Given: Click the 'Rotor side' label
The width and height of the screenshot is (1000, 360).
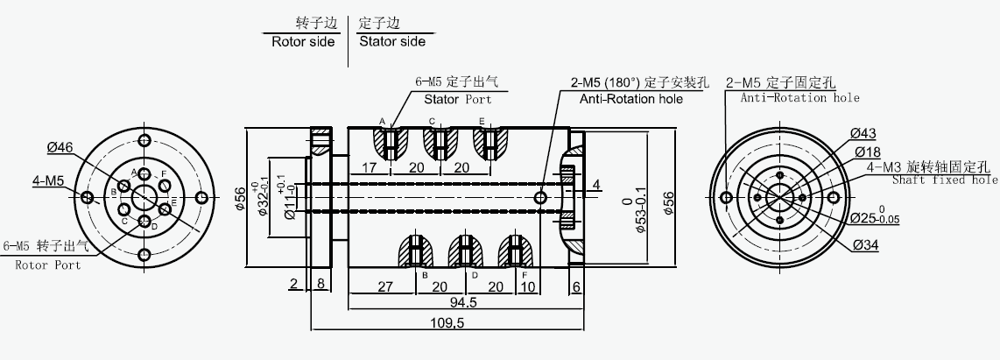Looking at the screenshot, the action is (x=303, y=42).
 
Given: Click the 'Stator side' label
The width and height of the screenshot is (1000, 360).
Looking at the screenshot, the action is (x=392, y=42).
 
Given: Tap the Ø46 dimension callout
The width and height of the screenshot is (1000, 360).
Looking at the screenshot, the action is (x=60, y=147).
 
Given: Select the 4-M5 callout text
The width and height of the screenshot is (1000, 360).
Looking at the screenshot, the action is (x=48, y=181).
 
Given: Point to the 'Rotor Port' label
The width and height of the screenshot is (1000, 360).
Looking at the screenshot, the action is (x=48, y=265).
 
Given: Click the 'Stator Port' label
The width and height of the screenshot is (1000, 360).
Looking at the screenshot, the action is (x=458, y=99).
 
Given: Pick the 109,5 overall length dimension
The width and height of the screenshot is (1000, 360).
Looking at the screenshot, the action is (x=447, y=323).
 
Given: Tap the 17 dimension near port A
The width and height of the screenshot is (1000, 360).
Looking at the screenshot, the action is (x=369, y=168).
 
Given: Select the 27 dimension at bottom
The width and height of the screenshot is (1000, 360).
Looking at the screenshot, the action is (x=385, y=286).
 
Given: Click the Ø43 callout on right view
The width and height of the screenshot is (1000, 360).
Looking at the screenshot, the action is (x=863, y=134).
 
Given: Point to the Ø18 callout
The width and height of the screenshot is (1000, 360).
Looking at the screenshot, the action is (x=868, y=152).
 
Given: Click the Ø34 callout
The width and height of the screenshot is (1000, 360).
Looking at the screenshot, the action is (x=865, y=245).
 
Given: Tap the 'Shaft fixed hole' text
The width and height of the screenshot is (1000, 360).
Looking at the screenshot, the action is (x=945, y=180).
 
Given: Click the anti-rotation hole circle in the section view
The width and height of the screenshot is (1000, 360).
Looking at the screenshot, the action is (x=541, y=198).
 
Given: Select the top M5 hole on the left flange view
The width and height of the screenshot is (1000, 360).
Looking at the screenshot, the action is (x=144, y=140).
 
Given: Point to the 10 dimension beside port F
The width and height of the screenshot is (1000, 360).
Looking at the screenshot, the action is (x=527, y=286).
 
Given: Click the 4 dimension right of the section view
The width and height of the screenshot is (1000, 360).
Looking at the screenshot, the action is (x=596, y=185).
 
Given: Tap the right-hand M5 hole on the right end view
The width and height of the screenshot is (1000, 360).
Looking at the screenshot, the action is (x=833, y=198).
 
